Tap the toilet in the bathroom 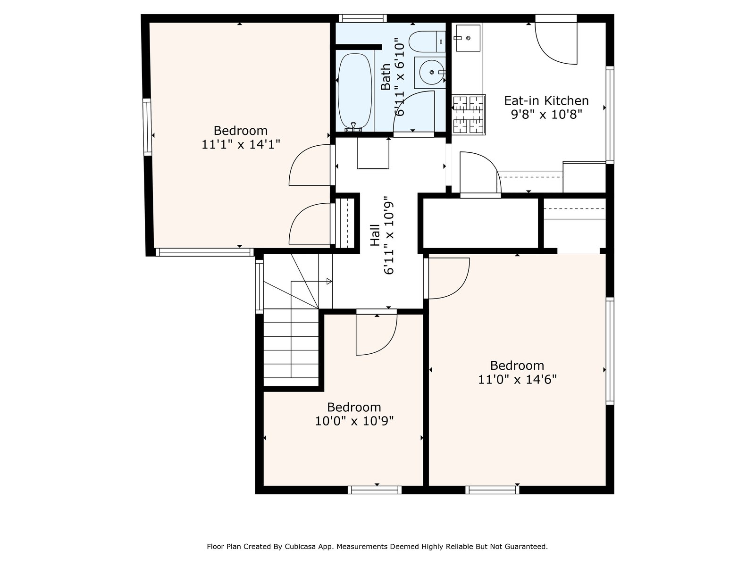pyautogui.click(x=427, y=42)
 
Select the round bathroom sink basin pyautogui.click(x=432, y=72)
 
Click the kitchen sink pyautogui.click(x=468, y=38)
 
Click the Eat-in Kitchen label pyautogui.click(x=546, y=100)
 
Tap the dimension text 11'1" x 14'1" pyautogui.click(x=241, y=144)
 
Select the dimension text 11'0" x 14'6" pyautogui.click(x=517, y=379)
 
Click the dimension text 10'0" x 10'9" pyautogui.click(x=354, y=421)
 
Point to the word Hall pyautogui.click(x=375, y=235)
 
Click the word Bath pyautogui.click(x=386, y=77)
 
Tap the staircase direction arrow pyautogui.click(x=311, y=282)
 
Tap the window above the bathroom pyautogui.click(x=363, y=18)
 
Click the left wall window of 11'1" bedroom pyautogui.click(x=147, y=127)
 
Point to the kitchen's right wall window pyautogui.click(x=610, y=115)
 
